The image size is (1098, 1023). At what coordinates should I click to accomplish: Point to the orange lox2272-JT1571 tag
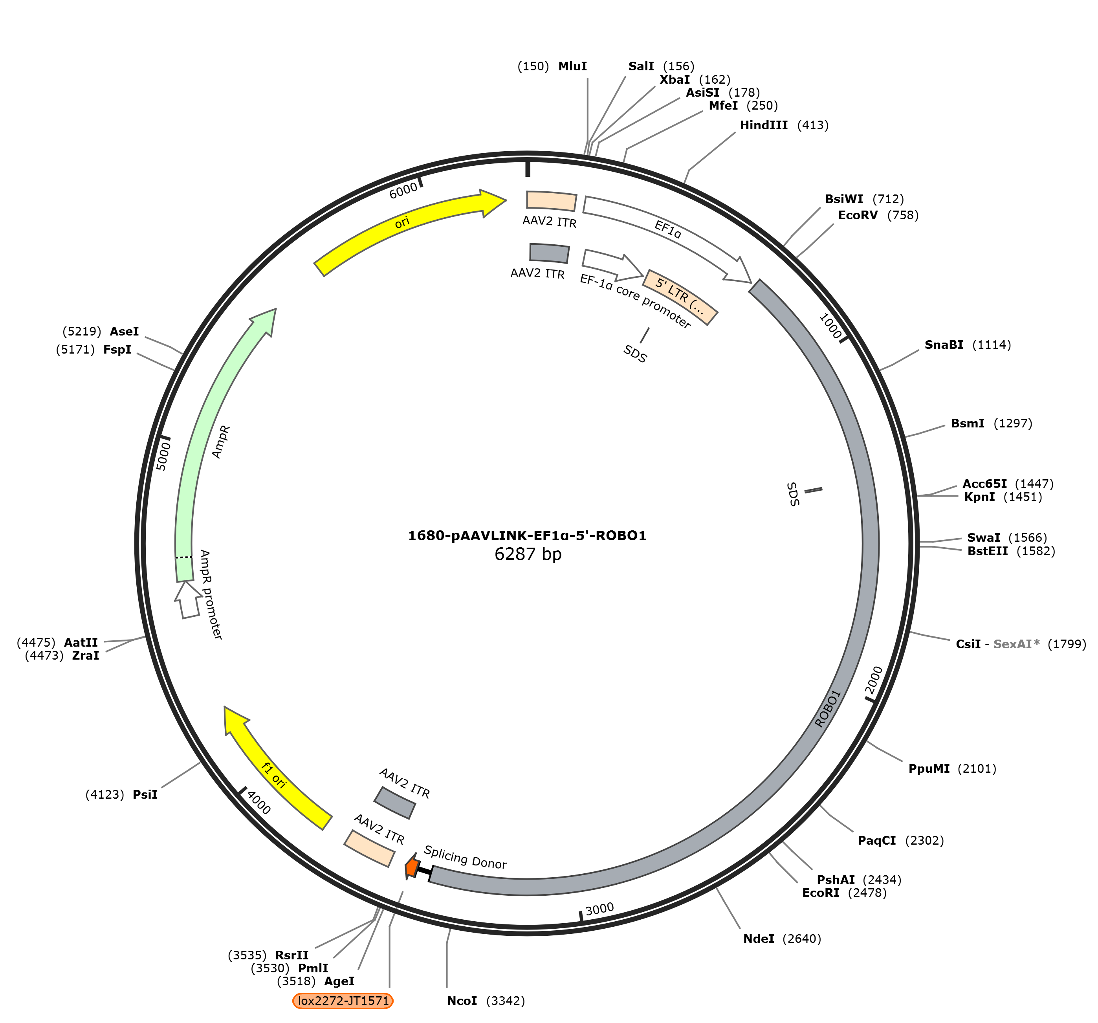pyautogui.click(x=343, y=1001)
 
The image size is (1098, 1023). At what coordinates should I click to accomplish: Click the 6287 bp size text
pyautogui.click(x=528, y=554)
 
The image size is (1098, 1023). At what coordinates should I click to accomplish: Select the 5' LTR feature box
pyautogui.click(x=680, y=297)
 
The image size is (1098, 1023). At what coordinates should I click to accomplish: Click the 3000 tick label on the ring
pyautogui.click(x=599, y=909)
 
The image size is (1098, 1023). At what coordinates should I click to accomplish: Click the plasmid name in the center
pyautogui.click(x=527, y=536)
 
